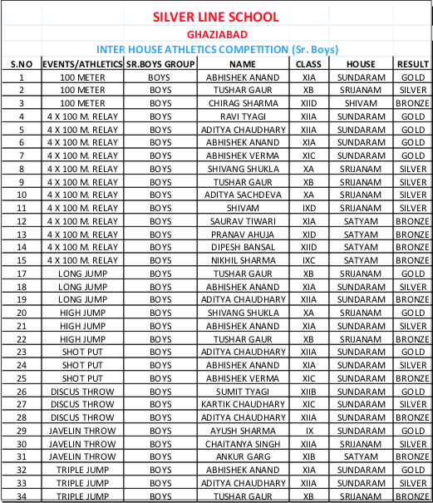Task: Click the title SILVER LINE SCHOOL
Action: point(216,17)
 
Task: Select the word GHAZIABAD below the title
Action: point(215,35)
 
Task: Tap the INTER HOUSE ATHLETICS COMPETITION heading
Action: point(216,50)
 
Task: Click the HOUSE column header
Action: point(362,64)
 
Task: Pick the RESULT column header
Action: point(412,64)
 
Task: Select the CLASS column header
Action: point(309,64)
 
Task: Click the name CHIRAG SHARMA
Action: point(243,103)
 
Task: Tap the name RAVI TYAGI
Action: point(243,116)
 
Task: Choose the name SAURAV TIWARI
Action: point(243,221)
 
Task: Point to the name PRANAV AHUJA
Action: point(243,234)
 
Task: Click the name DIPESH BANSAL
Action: point(243,247)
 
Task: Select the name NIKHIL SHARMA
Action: point(243,260)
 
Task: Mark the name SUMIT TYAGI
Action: point(243,391)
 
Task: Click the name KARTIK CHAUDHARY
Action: point(243,404)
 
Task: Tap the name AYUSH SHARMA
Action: point(243,431)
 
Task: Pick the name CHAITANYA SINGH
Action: point(243,443)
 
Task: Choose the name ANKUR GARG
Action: point(243,456)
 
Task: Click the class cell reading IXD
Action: point(309,208)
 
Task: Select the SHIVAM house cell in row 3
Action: point(362,103)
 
